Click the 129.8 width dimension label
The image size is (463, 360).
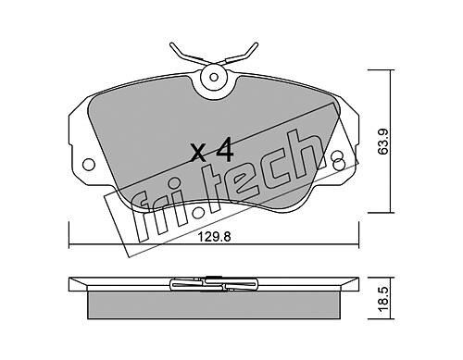(215, 237)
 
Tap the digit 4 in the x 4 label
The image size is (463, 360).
(225, 150)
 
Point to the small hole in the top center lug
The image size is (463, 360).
(214, 77)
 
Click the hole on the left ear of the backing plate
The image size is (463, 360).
(89, 164)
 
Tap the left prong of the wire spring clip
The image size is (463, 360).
(186, 54)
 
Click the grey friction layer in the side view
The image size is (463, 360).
(213, 305)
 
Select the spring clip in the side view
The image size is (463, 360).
(213, 284)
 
